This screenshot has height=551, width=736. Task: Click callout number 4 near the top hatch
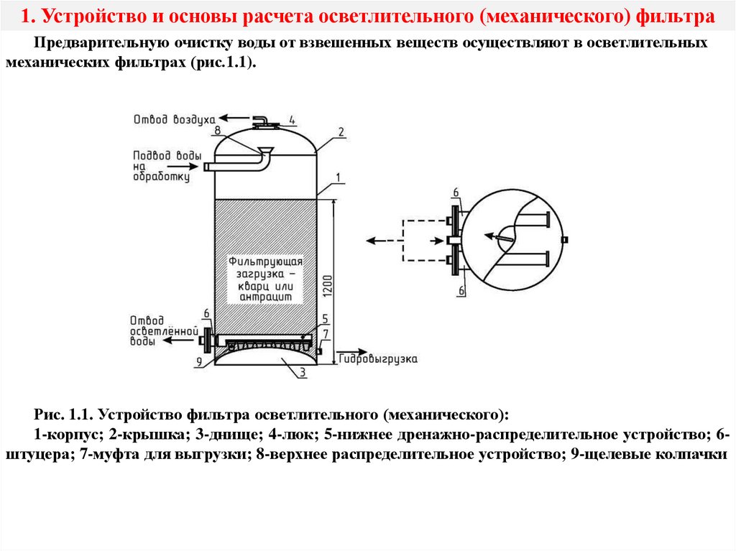click(x=293, y=120)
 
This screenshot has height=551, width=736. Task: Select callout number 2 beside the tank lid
click(x=341, y=131)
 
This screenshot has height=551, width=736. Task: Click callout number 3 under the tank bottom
click(x=303, y=371)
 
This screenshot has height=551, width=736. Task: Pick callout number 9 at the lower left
click(x=199, y=361)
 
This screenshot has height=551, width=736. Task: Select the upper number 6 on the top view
click(x=455, y=192)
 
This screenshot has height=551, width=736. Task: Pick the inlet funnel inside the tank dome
click(x=264, y=151)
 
